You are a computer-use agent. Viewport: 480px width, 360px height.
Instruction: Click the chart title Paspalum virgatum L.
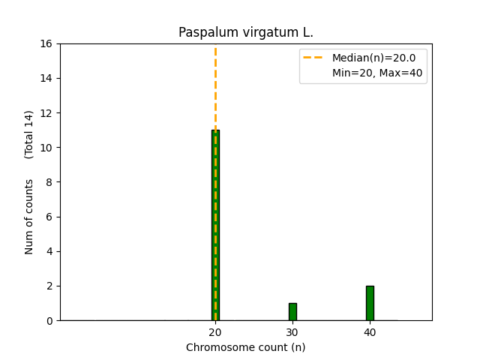coord(246,33)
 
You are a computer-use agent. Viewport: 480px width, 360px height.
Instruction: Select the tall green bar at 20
coord(215,225)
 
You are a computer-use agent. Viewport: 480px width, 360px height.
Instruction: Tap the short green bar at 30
coord(292,312)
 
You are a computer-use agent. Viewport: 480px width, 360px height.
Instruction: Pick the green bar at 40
coord(370,303)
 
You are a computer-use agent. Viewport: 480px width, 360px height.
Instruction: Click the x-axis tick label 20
coord(215,332)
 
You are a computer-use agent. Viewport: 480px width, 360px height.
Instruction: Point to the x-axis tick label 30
coord(292,332)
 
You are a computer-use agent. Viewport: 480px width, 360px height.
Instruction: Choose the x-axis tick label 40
coord(370,332)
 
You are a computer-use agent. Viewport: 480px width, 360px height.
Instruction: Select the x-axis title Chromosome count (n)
coord(246,347)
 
